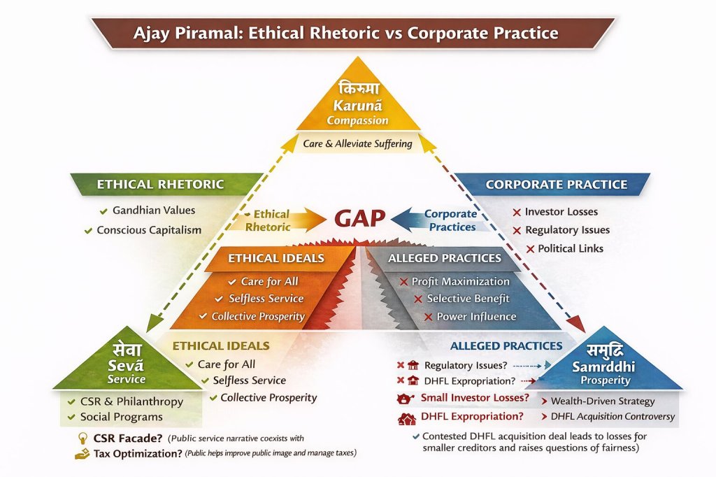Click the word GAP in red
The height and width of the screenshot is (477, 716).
coord(360,218)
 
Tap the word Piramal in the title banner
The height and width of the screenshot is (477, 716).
coord(207,34)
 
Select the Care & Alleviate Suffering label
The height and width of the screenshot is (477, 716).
coord(357,143)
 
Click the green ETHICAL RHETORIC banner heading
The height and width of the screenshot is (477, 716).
coord(160,184)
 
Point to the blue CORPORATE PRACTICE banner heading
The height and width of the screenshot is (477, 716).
coord(556,185)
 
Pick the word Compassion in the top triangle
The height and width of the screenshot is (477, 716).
coord(357,120)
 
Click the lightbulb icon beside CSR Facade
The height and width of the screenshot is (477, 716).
coord(83,439)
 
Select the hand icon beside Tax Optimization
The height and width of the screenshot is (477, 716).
coord(83,454)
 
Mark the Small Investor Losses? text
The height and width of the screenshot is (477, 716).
coord(475,398)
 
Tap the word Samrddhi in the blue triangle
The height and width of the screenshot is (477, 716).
coord(603,366)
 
